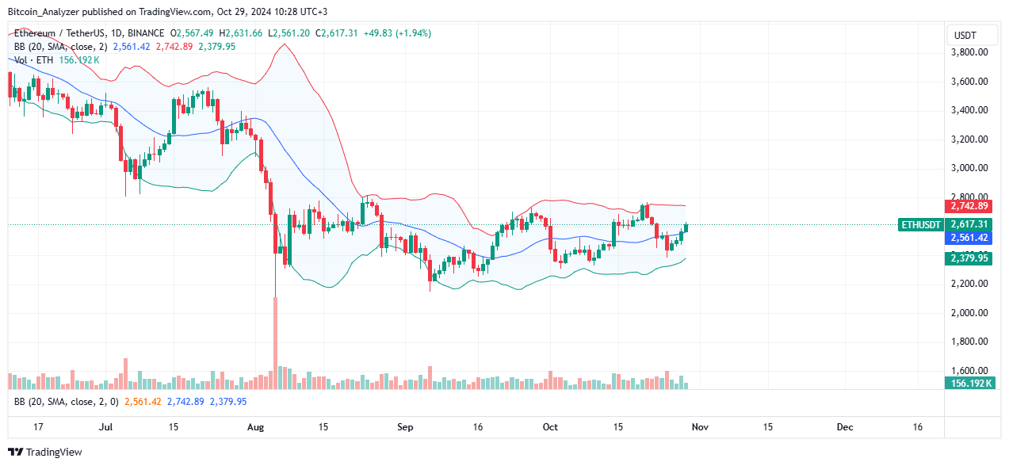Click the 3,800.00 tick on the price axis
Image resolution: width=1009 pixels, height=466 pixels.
click(x=969, y=52)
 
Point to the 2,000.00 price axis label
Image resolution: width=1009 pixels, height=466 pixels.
click(x=969, y=313)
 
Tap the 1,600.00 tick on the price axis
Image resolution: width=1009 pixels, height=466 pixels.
click(x=969, y=371)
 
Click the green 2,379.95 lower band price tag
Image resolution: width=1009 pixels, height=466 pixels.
click(x=968, y=258)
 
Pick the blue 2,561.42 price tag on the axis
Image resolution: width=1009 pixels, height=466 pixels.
click(x=968, y=238)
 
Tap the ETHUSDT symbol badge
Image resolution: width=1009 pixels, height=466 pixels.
click(x=920, y=225)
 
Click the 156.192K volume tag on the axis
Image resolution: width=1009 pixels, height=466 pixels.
click(x=968, y=384)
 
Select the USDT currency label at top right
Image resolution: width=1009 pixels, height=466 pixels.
click(x=964, y=35)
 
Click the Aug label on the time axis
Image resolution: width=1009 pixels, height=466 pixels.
click(x=254, y=427)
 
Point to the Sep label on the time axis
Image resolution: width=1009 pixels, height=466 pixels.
click(x=405, y=427)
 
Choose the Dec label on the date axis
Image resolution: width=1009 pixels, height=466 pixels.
click(x=845, y=427)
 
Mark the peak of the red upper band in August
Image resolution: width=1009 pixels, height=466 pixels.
click(x=281, y=46)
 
